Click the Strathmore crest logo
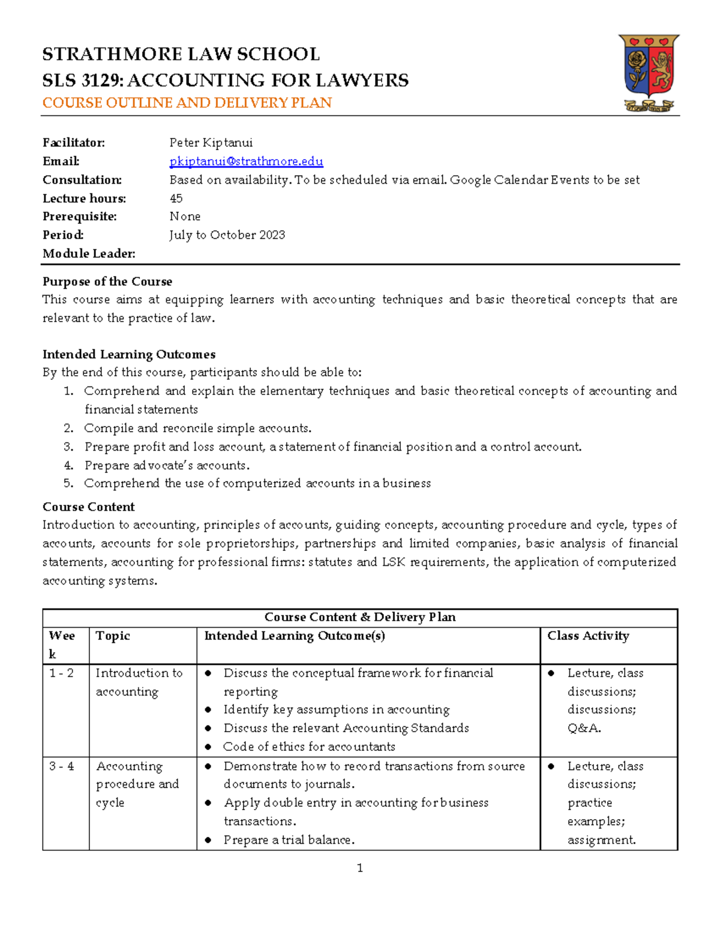(649, 73)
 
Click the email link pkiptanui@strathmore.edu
(246, 161)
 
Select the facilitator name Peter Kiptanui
(211, 143)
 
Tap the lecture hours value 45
(176, 199)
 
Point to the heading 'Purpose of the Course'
(107, 281)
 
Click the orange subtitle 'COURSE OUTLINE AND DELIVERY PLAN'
(187, 103)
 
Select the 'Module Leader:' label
(89, 254)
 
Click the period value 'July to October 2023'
(227, 235)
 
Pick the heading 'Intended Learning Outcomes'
(128, 354)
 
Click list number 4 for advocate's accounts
(68, 466)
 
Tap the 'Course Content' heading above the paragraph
(88, 507)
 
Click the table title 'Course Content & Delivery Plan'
(360, 618)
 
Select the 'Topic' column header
(113, 636)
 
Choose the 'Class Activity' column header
(588, 636)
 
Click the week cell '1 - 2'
(61, 673)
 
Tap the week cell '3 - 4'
(61, 766)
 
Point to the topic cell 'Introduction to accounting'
(139, 682)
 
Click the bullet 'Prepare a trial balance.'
(289, 840)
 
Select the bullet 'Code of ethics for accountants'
(309, 747)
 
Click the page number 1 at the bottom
(359, 868)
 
